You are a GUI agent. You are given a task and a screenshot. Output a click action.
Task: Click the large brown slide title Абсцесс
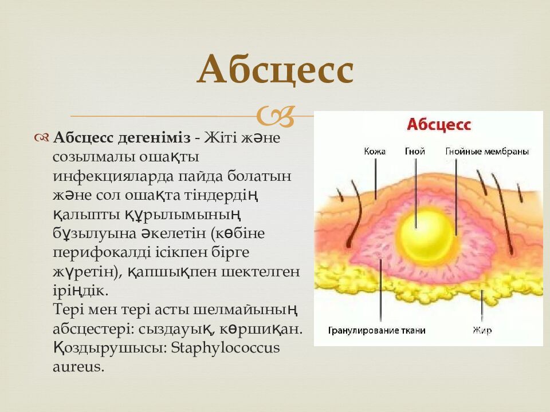(275, 71)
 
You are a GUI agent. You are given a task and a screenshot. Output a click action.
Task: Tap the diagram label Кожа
(375, 152)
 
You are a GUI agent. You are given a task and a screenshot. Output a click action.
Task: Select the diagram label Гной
(414, 152)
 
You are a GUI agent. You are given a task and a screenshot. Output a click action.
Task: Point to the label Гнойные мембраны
(486, 152)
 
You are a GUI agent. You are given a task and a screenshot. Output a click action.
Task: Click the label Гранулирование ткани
(376, 330)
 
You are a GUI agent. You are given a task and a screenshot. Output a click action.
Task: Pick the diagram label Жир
(482, 330)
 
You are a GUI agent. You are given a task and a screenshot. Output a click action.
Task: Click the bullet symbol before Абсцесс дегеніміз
(42, 138)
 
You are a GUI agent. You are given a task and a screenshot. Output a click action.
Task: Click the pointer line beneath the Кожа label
(375, 177)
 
